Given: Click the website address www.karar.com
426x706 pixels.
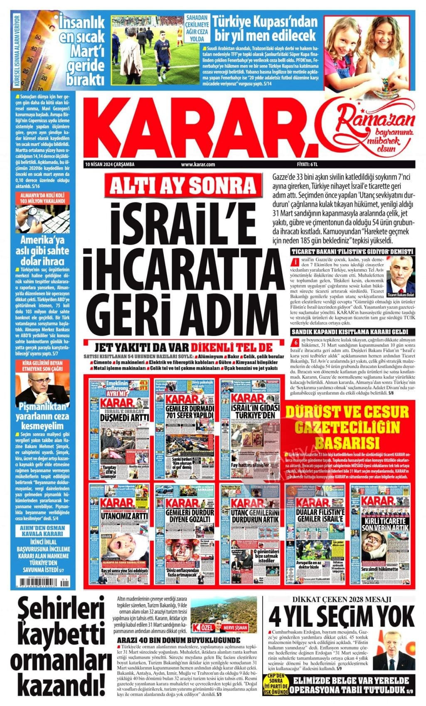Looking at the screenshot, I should point(198,164).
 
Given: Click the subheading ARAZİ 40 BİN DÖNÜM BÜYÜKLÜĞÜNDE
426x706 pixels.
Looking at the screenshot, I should point(178,640).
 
